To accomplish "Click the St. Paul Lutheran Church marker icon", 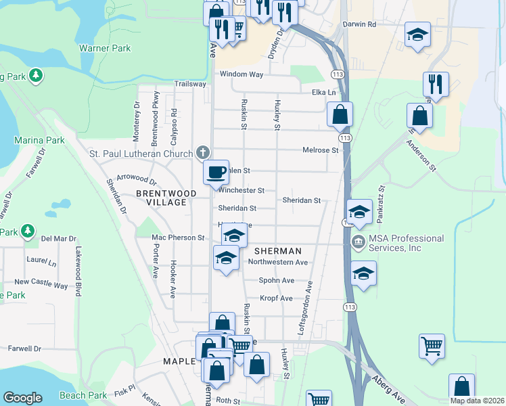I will (202, 152).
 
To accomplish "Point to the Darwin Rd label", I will (359, 24).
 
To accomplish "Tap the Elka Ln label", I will (323, 92).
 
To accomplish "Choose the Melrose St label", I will (320, 150).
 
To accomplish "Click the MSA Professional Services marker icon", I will (357, 242).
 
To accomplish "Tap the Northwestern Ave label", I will (278, 262).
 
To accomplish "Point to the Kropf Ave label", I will (276, 298).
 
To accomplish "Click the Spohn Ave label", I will (277, 280).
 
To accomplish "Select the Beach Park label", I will (83, 395).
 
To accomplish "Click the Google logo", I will (22, 398).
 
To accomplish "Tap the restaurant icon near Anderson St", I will (436, 85).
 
